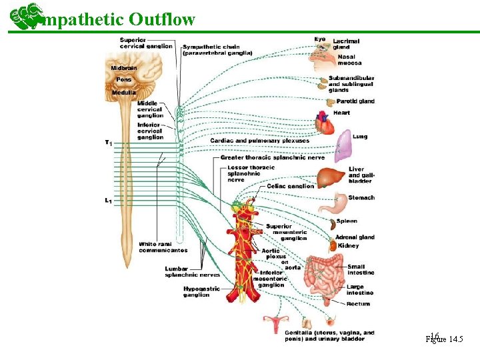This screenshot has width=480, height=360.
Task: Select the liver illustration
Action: pos(330,178)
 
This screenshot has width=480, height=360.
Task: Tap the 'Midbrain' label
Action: pos(124,68)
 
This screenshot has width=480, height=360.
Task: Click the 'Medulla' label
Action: pos(124,92)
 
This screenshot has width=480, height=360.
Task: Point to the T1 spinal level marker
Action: pos(108,142)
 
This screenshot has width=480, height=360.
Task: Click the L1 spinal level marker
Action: pos(108,200)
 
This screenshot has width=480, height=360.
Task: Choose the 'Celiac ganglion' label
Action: pos(290,186)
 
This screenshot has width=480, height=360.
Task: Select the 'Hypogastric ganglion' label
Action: pos(201,292)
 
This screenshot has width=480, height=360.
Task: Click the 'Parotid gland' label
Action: pos(355,101)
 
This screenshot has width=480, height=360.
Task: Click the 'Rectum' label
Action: pos(358,304)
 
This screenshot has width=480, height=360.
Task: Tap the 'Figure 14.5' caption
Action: pos(444,339)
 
